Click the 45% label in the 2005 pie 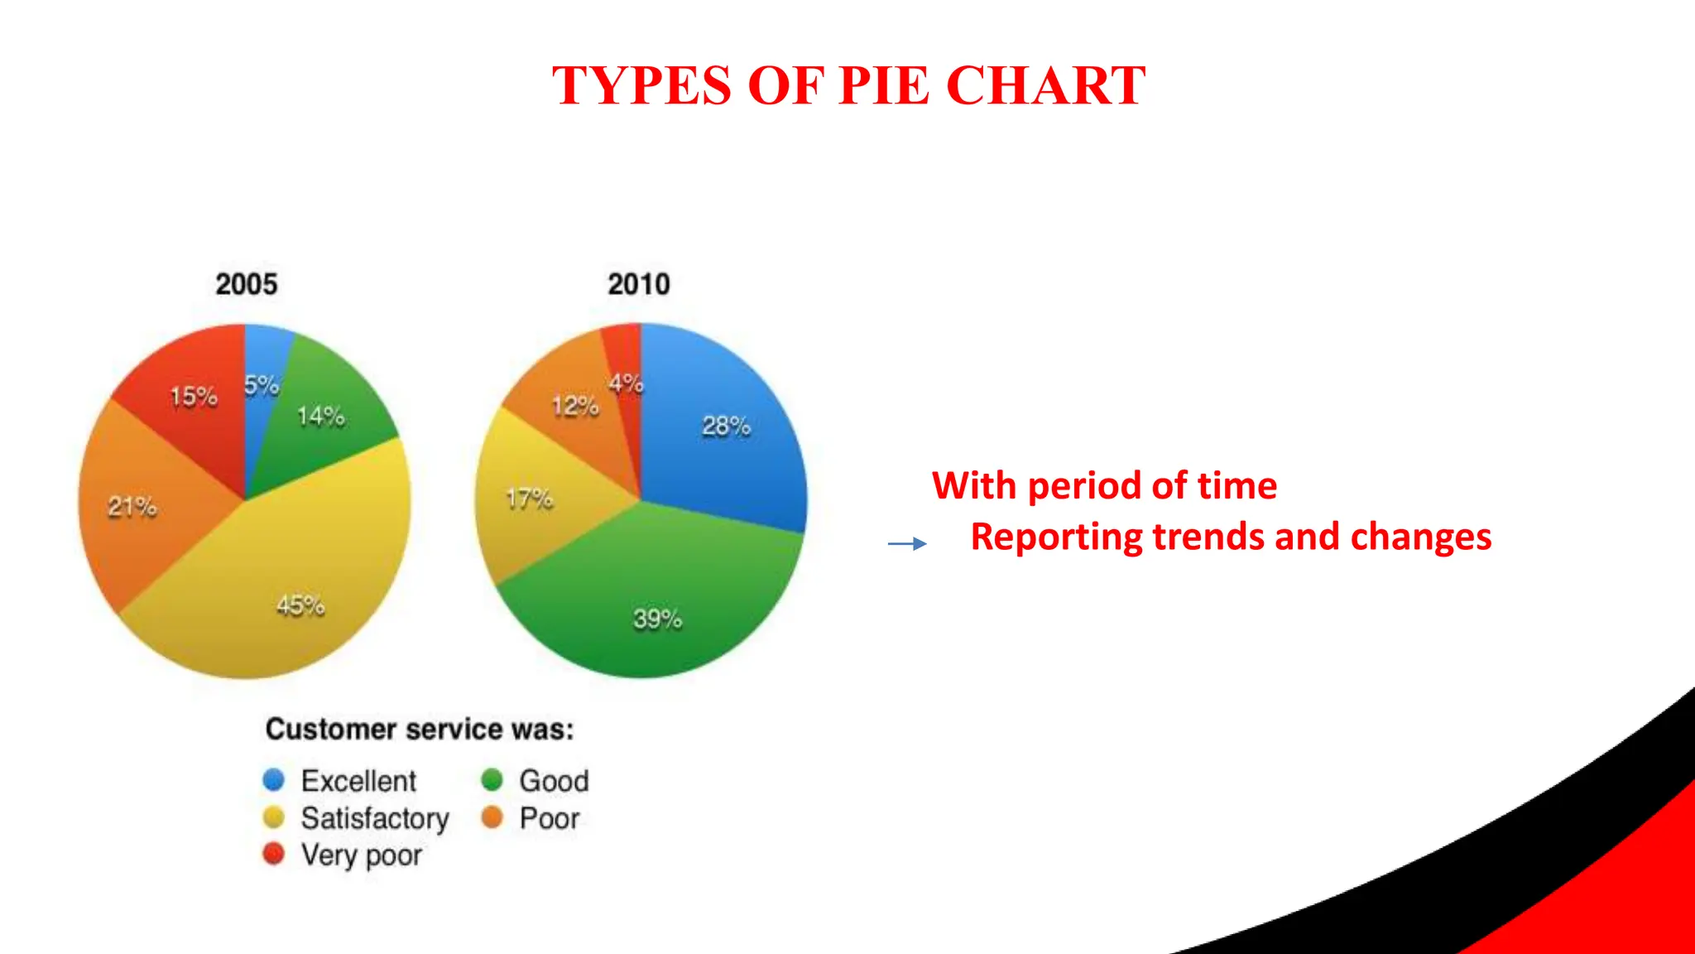(x=300, y=606)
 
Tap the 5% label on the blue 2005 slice (x=262, y=385)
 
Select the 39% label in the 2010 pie (x=658, y=619)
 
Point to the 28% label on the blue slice (x=726, y=426)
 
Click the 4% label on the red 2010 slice (x=626, y=383)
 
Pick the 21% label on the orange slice (x=132, y=506)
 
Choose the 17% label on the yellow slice (x=530, y=499)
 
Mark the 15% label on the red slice (x=194, y=397)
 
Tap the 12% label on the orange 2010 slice (x=575, y=406)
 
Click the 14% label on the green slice (x=321, y=416)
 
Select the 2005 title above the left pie (x=247, y=284)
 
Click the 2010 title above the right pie (x=639, y=284)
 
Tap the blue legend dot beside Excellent (x=273, y=780)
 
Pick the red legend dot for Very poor (x=273, y=854)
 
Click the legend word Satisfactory (x=375, y=818)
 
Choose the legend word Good (x=554, y=781)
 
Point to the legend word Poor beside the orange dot (x=550, y=818)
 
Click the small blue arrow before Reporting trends (x=907, y=544)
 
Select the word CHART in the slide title (x=1045, y=85)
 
